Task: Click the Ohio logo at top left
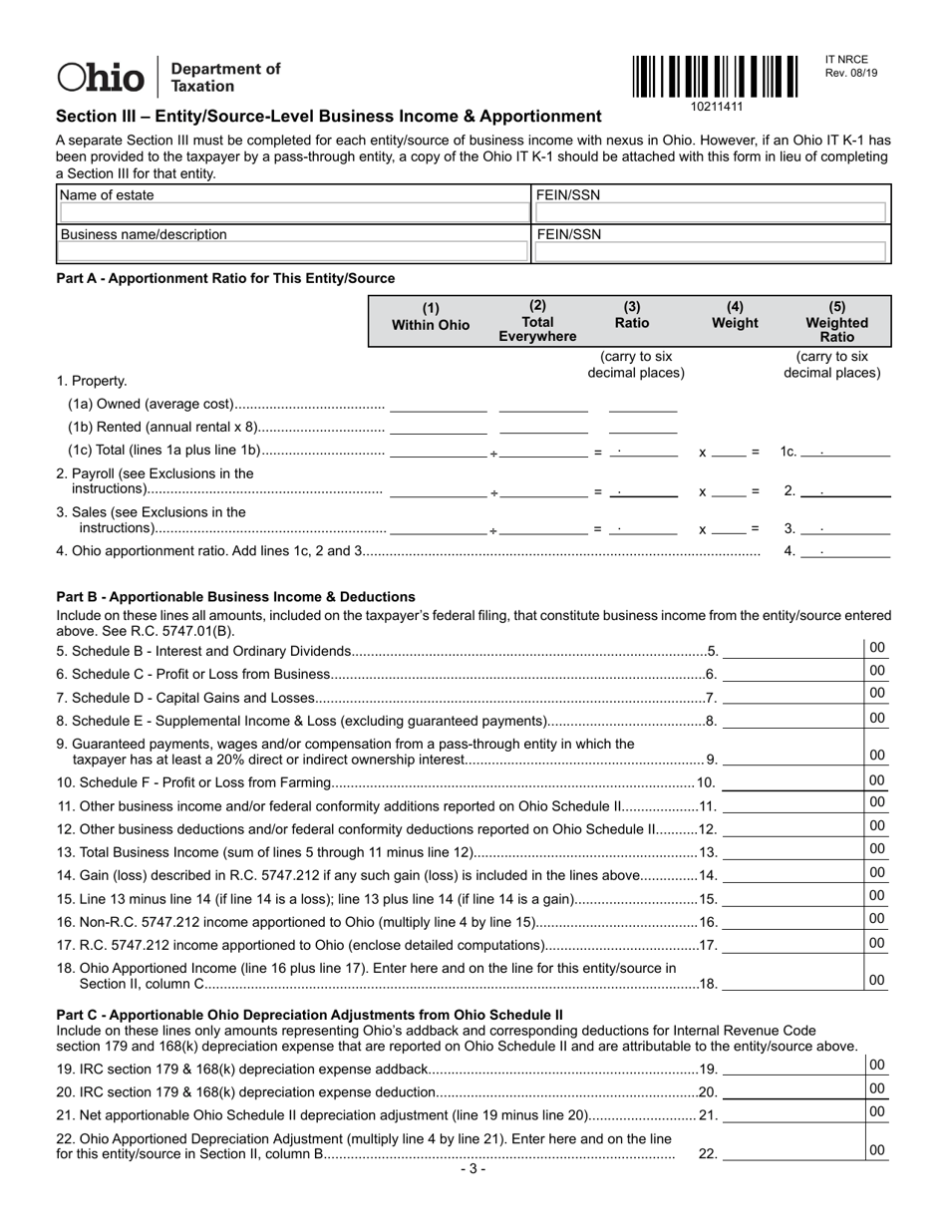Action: (x=102, y=77)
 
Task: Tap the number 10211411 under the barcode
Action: (x=716, y=106)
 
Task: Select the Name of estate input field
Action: (x=293, y=212)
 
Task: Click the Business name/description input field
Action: (x=293, y=252)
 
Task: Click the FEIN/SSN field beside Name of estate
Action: (x=712, y=212)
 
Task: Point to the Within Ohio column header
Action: (x=430, y=317)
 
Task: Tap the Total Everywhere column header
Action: (x=537, y=321)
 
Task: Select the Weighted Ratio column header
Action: (x=836, y=321)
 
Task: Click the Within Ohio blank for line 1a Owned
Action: (x=439, y=404)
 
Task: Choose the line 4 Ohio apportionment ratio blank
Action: (x=845, y=550)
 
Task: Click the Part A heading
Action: (x=225, y=278)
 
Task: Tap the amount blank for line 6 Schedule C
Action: (x=792, y=675)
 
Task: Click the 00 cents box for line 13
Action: (x=877, y=849)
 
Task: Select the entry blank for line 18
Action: (x=792, y=982)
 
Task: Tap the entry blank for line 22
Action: (x=792, y=1153)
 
